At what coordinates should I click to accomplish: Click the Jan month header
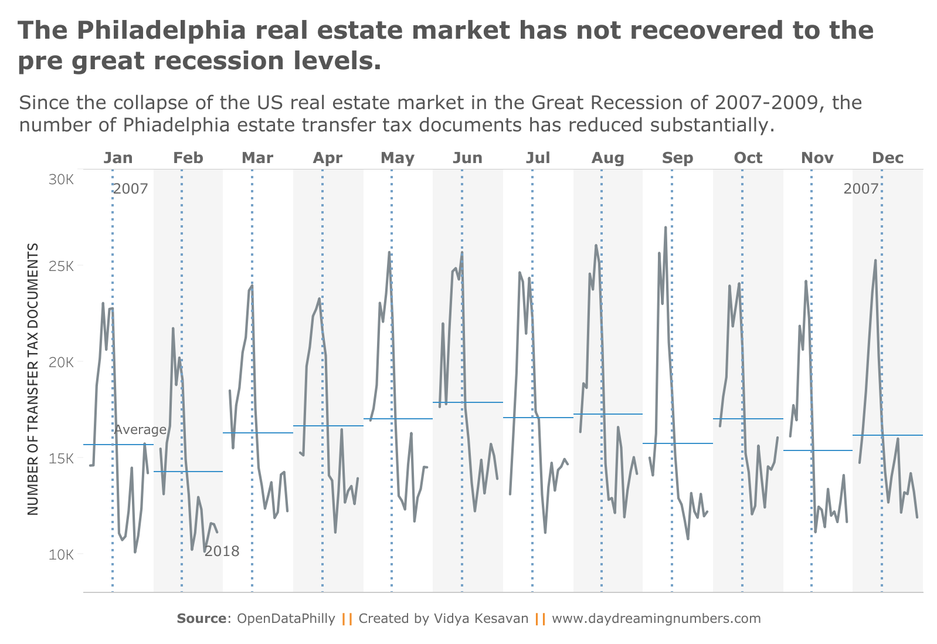click(x=118, y=158)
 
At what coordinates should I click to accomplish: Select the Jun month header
click(x=467, y=158)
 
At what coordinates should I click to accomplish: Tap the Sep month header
click(x=677, y=158)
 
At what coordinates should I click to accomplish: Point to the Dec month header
click(x=888, y=158)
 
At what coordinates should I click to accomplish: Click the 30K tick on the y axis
click(x=61, y=179)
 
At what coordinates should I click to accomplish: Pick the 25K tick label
click(x=61, y=266)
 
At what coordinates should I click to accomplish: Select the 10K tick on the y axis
click(x=61, y=554)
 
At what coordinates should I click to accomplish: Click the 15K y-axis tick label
click(x=61, y=458)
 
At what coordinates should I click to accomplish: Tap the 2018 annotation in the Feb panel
click(x=222, y=551)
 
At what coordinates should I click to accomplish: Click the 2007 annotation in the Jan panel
click(x=130, y=189)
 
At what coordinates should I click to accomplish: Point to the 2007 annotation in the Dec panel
click(x=861, y=189)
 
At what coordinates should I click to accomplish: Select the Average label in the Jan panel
click(x=140, y=430)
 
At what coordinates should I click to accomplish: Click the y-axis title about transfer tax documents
click(x=33, y=379)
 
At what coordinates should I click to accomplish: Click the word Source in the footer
click(x=201, y=619)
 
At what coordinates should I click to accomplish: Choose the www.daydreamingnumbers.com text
click(x=656, y=619)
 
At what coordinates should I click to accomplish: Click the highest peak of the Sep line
click(x=666, y=228)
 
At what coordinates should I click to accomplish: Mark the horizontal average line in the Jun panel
click(x=467, y=402)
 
